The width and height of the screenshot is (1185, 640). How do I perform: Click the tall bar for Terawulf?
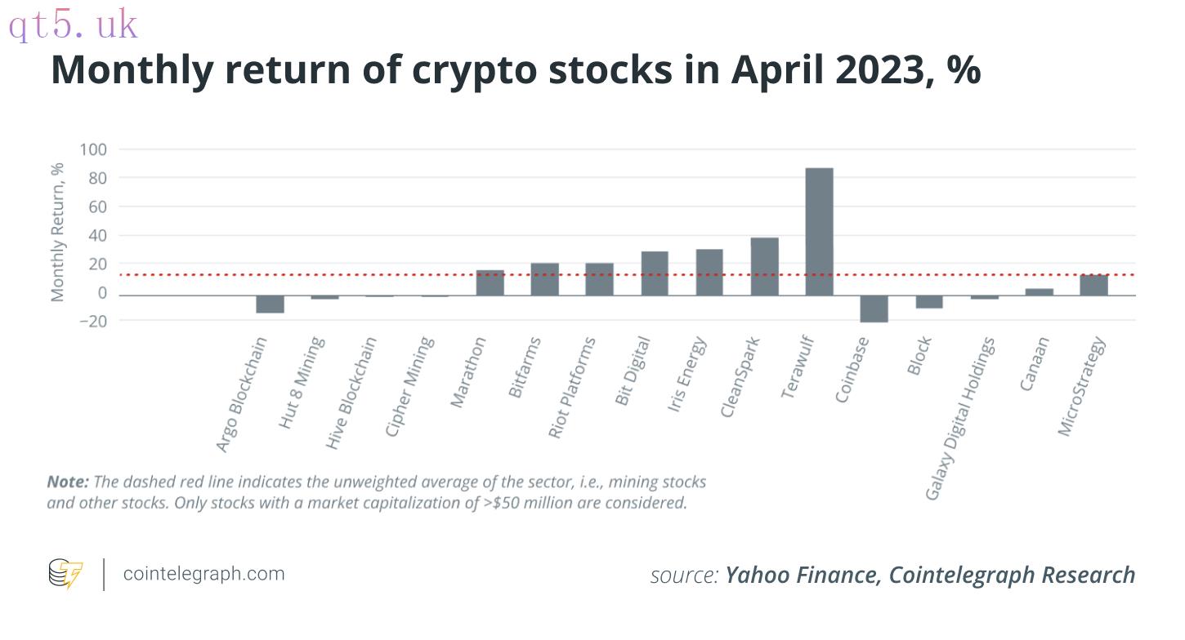point(819,232)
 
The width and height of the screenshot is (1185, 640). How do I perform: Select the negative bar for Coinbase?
point(874,309)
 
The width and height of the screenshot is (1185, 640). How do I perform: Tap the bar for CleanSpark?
point(764,266)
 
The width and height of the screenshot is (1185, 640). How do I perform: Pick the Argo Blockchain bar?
point(270,304)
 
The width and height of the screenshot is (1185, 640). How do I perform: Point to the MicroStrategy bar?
point(1093,285)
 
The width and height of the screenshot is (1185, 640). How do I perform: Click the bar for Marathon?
point(490,282)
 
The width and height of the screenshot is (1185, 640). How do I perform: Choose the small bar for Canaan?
point(1039,292)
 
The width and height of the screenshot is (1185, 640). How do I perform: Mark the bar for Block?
point(929,302)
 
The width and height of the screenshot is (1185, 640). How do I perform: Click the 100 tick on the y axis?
point(93,149)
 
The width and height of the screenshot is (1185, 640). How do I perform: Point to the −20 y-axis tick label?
point(93,321)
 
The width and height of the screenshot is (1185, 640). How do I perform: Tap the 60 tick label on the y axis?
point(98,207)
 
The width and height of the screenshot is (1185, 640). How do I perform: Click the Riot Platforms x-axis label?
point(571,388)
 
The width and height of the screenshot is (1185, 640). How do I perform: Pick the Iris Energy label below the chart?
point(686,374)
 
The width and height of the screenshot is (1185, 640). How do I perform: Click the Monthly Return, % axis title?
point(57,232)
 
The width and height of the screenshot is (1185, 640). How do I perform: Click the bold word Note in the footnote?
point(69,482)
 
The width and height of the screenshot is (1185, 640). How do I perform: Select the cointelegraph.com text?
point(203,574)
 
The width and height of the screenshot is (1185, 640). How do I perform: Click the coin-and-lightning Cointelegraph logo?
point(65,573)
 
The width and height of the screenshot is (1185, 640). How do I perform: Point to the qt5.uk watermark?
point(73,24)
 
